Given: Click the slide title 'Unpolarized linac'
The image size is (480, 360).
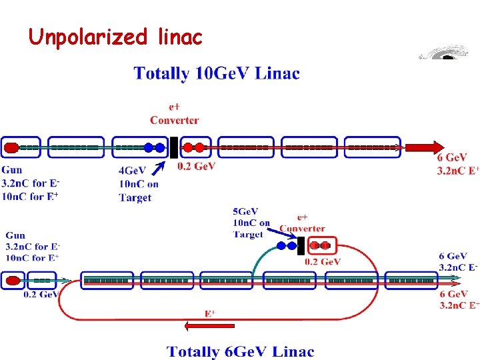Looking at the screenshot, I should [x=115, y=37].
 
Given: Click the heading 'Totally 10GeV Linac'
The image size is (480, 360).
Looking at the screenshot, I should [x=217, y=73].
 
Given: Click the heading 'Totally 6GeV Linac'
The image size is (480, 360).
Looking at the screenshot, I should [x=240, y=351].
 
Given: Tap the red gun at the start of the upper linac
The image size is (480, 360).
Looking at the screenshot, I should [x=11, y=147].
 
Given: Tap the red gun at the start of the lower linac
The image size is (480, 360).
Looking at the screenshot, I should [x=12, y=281].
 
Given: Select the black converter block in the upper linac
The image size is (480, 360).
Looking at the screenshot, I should [x=173, y=147].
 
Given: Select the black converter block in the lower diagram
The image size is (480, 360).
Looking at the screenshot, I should [x=301, y=245].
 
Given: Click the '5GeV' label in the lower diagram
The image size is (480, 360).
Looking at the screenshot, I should [x=247, y=211].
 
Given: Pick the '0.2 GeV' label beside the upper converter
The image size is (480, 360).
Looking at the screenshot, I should [x=196, y=166].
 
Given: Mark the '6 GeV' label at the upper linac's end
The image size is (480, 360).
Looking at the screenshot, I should [x=451, y=158].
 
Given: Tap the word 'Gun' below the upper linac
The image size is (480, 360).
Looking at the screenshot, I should [x=11, y=170].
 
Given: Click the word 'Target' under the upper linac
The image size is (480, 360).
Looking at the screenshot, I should [x=135, y=197].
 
